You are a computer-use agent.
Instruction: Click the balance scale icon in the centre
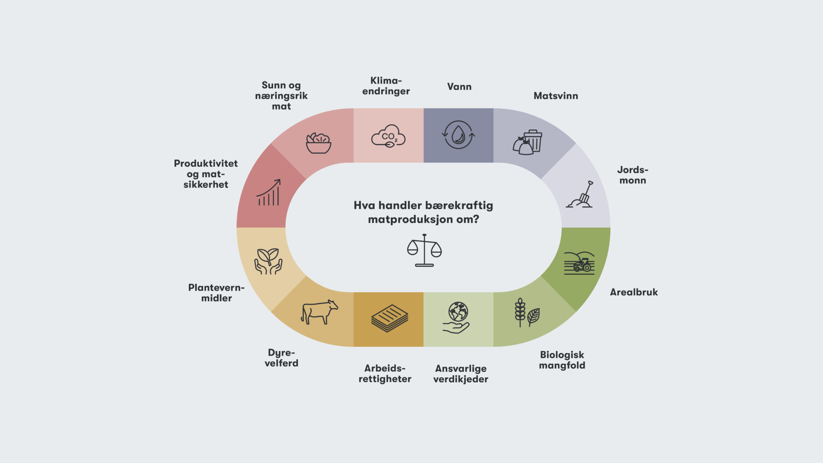pyautogui.click(x=424, y=250)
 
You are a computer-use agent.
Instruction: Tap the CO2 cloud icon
pyautogui.click(x=388, y=136)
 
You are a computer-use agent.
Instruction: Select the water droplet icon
pyautogui.click(x=458, y=135)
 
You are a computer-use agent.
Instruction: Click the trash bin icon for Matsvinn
pyautogui.click(x=528, y=142)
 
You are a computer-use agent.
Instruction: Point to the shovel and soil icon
pyautogui.click(x=580, y=195)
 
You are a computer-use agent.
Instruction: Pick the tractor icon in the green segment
pyautogui.click(x=579, y=263)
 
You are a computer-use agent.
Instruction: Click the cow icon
pyautogui.click(x=319, y=312)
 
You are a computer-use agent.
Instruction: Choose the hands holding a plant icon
pyautogui.click(x=268, y=261)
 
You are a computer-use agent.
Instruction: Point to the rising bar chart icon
pyautogui.click(x=269, y=192)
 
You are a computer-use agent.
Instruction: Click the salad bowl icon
pyautogui.click(x=318, y=143)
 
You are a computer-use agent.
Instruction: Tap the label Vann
pyautogui.click(x=459, y=87)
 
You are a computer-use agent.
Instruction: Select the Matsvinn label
pyautogui.click(x=556, y=96)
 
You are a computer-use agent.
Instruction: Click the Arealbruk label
pyautogui.click(x=634, y=292)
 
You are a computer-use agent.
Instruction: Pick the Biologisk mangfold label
pyautogui.click(x=562, y=360)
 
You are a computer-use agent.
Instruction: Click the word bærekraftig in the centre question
pyautogui.click(x=459, y=206)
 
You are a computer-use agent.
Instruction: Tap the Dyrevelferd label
pyautogui.click(x=281, y=358)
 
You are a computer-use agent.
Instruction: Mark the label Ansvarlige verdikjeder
pyautogui.click(x=461, y=374)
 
